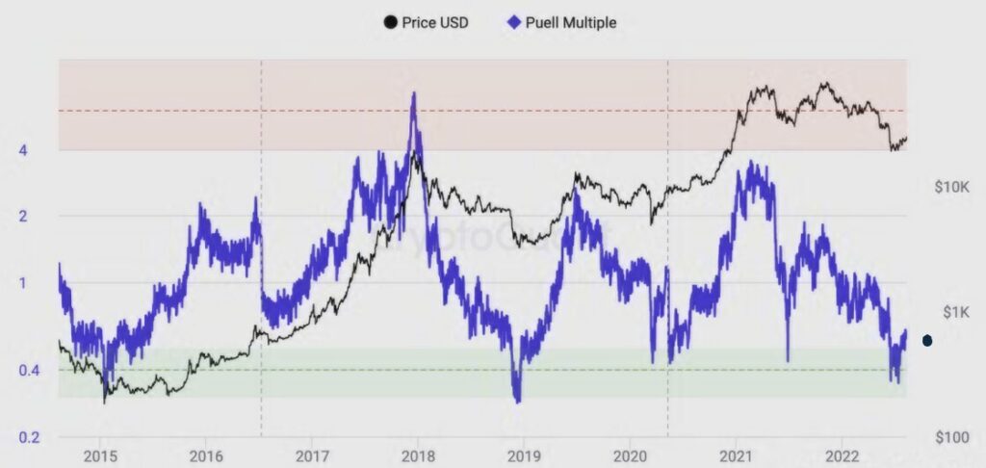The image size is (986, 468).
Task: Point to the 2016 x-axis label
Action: (x=207, y=455)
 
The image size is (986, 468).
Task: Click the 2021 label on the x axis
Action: (x=736, y=455)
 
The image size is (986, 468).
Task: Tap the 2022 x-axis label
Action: (x=843, y=455)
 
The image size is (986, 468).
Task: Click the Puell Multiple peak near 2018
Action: (x=414, y=93)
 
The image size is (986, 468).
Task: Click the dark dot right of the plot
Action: (x=927, y=340)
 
